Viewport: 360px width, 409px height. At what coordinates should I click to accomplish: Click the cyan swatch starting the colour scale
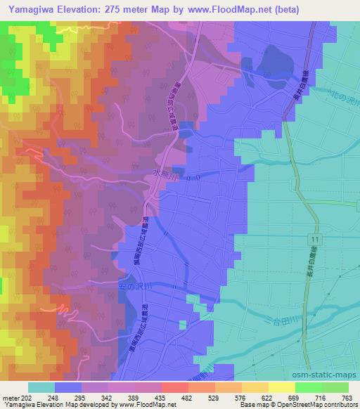(x=41, y=388)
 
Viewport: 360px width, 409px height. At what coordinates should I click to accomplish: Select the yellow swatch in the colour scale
(x=281, y=388)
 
